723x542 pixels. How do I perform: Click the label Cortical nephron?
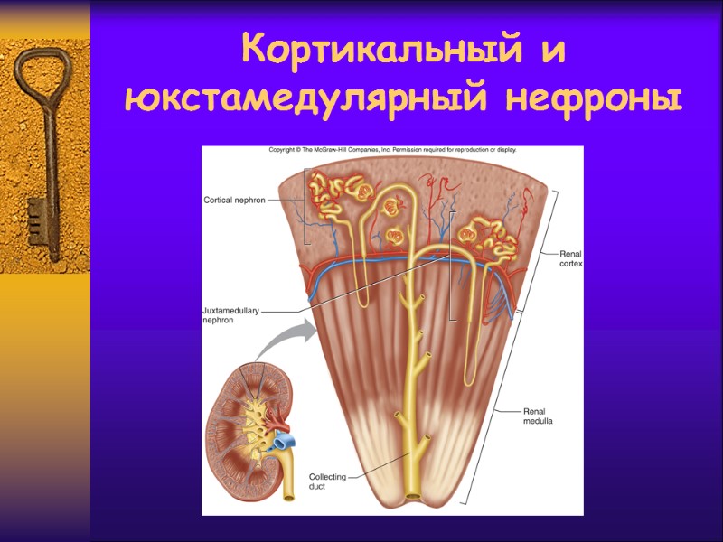tap(234, 200)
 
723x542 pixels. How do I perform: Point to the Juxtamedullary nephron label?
tap(230, 314)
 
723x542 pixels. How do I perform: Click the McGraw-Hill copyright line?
tap(392, 150)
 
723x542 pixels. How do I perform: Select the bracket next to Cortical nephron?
tap(306, 206)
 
